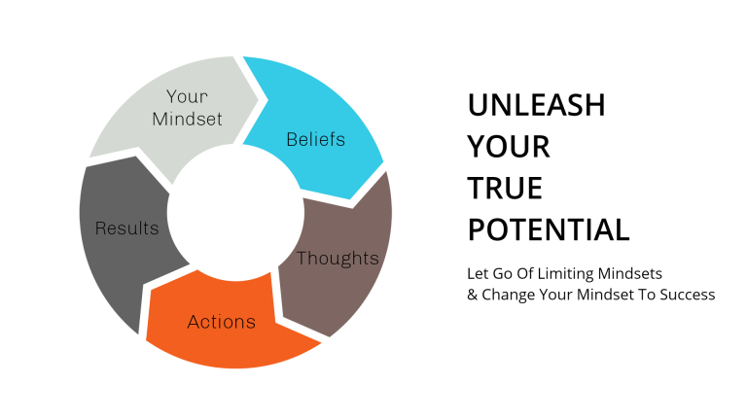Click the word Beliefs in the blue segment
(315, 139)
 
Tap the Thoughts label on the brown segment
(338, 258)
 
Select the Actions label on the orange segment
(222, 322)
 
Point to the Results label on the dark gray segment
(126, 228)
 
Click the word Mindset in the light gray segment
(187, 120)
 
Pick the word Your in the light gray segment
(187, 96)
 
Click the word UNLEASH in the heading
(536, 105)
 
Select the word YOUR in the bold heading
(509, 147)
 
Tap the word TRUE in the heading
(505, 188)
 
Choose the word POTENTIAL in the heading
(549, 229)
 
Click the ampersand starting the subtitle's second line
(473, 294)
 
